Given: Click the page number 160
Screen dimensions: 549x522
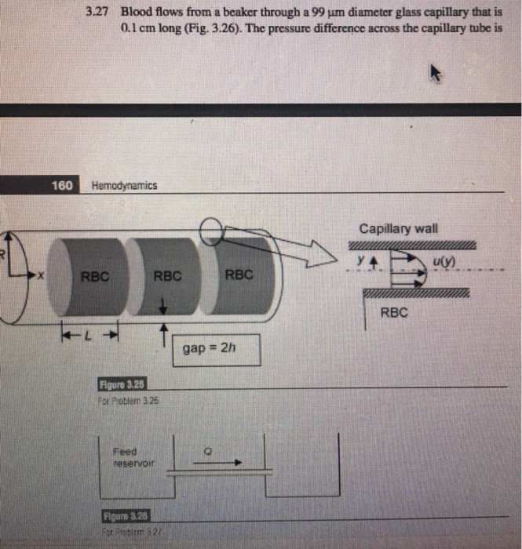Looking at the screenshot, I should pos(62,185).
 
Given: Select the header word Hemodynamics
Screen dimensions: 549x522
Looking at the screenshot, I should pos(125,186).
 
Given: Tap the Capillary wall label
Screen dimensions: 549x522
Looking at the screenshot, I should pos(399,229).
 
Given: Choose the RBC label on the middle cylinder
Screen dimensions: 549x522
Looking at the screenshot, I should pos(168,275).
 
